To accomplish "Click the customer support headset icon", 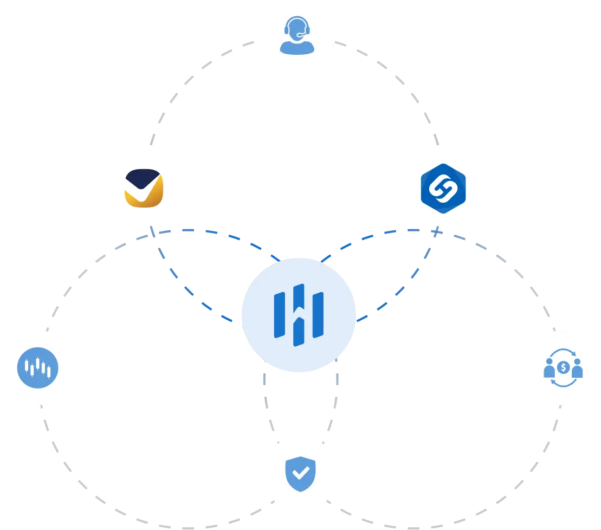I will (297, 36).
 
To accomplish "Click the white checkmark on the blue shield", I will (299, 473).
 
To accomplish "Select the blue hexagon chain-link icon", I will (443, 189).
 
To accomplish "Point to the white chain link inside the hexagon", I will (443, 189).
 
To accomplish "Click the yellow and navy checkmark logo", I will (143, 188).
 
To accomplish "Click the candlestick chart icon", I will (38, 368).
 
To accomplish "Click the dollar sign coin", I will (564, 368).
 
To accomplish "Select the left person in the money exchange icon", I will (549, 369).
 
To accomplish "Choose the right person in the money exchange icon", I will (577, 369).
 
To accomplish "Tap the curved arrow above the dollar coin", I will (564, 353).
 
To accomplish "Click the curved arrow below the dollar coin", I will (564, 383).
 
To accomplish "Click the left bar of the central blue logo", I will (280, 315).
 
